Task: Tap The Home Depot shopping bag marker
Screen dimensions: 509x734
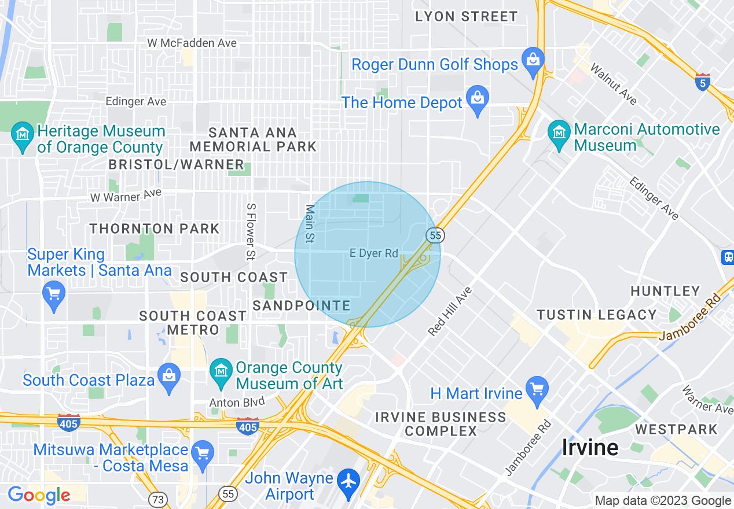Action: (478, 99)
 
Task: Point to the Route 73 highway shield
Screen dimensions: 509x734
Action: (157, 499)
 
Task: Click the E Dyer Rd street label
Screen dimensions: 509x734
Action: (374, 253)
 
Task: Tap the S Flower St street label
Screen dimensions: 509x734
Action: (251, 231)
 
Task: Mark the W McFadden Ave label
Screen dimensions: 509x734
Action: (192, 43)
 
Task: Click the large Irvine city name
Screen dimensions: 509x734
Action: (590, 447)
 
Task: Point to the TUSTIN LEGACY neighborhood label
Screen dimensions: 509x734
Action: (597, 315)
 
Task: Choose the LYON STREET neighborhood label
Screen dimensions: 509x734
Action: (466, 17)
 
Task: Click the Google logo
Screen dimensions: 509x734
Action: (39, 495)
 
